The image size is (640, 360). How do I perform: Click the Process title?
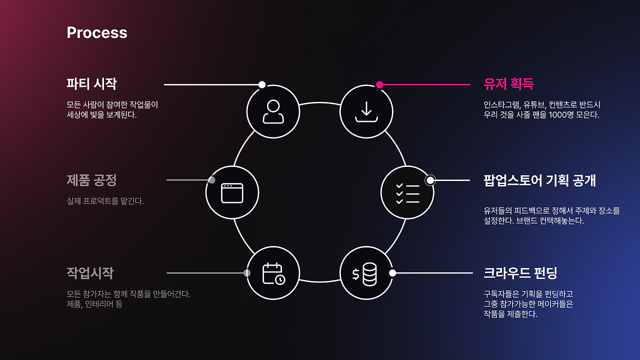pos(97,33)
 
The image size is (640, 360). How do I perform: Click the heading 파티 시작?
pos(91,83)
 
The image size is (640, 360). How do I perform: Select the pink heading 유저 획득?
pos(508,84)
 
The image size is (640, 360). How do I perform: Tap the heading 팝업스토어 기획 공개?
pos(539,180)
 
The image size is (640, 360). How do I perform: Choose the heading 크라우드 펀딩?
pos(520,273)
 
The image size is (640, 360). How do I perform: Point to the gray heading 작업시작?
pos(90,273)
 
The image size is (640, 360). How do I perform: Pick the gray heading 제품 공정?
pos(91,180)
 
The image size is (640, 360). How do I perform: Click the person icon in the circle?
pos(273,111)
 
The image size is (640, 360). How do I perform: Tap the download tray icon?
pos(366,111)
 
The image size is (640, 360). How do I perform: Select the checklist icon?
pos(407,193)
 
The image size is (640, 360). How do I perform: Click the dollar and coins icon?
pos(366,274)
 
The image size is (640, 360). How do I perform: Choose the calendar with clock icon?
pos(273,273)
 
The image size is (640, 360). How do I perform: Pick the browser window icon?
pos(232,193)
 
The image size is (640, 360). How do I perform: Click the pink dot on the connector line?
pos(379,84)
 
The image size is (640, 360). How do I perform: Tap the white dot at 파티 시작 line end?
pos(262,84)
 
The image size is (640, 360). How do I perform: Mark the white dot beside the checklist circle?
pos(430,180)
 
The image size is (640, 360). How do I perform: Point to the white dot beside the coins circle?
pos(392,272)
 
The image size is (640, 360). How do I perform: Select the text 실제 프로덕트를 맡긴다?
pos(105,201)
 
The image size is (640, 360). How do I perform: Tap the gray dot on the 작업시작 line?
pos(247,273)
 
